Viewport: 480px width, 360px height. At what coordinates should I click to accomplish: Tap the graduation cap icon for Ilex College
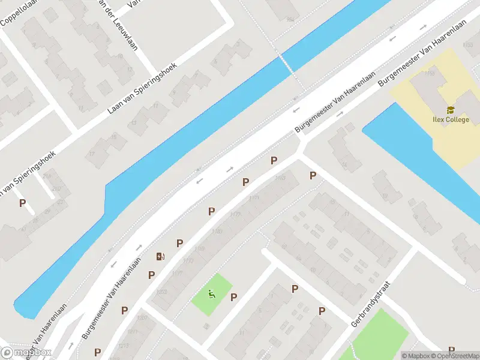pos(450,110)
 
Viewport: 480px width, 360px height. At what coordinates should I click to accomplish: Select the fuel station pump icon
pos(160,257)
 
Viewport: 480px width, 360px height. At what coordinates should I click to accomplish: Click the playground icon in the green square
pos(211,294)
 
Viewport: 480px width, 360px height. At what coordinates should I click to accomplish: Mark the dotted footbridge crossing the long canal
pos(291,72)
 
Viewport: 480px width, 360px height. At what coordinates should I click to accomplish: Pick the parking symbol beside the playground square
pos(233,297)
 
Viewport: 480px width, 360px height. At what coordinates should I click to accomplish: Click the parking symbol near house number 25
pos(23,203)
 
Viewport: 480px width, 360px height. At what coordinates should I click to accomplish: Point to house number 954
pos(290,20)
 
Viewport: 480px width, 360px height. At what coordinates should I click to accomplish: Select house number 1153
pos(280,178)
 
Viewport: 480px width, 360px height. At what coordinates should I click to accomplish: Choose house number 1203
pos(161,292)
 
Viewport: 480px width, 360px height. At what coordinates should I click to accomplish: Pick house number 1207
pos(142,318)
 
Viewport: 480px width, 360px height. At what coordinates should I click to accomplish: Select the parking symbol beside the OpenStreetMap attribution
pos(451,350)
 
